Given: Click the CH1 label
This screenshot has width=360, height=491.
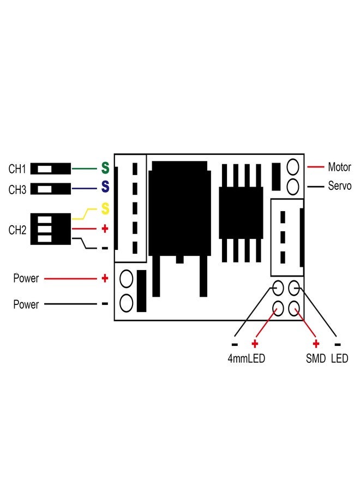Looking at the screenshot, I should pyautogui.click(x=17, y=169).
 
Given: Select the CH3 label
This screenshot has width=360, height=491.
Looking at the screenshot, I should pyautogui.click(x=17, y=190).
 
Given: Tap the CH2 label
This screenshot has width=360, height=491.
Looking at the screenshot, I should pyautogui.click(x=17, y=230).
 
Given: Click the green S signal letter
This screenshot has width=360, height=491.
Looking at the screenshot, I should pyautogui.click(x=105, y=168).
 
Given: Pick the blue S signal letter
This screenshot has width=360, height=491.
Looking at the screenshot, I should pyautogui.click(x=105, y=188).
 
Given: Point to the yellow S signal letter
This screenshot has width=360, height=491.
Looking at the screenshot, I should pyautogui.click(x=105, y=208).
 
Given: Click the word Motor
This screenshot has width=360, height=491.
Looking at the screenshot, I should pyautogui.click(x=339, y=167).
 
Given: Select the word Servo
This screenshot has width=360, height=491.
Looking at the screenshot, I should pyautogui.click(x=339, y=186).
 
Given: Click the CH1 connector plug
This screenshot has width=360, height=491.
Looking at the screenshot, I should pyautogui.click(x=51, y=169).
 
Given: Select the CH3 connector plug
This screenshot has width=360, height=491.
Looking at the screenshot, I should pyautogui.click(x=51, y=189).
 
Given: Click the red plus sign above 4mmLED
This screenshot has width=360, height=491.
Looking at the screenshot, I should pyautogui.click(x=254, y=344).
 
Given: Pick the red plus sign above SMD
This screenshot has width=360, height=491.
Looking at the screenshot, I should pyautogui.click(x=316, y=344).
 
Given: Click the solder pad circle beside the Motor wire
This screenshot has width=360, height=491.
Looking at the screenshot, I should pyautogui.click(x=293, y=166).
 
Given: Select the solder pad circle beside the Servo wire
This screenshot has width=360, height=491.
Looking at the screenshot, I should pyautogui.click(x=293, y=186).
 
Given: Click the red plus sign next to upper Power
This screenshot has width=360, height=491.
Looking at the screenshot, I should pyautogui.click(x=105, y=278).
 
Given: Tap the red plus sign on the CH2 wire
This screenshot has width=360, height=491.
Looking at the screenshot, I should pyautogui.click(x=105, y=229).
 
